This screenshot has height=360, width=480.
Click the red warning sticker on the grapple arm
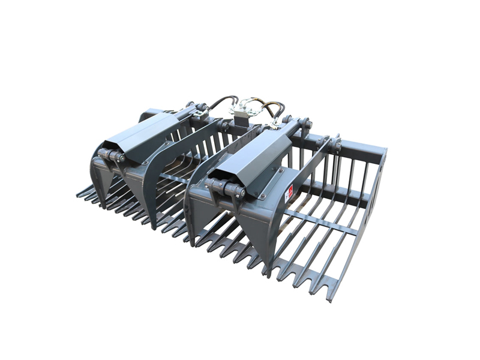click(x=289, y=194)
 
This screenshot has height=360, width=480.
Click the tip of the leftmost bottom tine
click(x=79, y=194)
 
